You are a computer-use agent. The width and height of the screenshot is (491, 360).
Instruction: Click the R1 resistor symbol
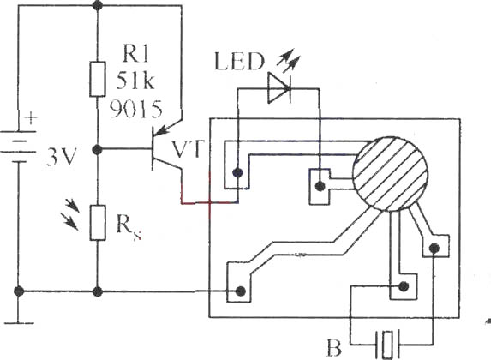(98, 79)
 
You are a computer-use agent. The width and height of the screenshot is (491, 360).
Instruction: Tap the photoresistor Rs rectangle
(98, 223)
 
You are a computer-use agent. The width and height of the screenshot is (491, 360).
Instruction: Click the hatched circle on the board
(390, 174)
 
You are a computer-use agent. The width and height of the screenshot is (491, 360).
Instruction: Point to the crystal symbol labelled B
(387, 344)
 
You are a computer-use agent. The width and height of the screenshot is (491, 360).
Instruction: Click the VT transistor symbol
(166, 148)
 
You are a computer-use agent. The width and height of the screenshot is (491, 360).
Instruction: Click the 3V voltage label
(62, 157)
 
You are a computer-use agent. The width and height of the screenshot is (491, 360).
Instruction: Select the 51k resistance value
(135, 81)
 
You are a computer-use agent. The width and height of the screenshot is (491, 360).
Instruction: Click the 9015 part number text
(136, 109)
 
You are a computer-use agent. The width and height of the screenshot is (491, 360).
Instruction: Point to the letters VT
(189, 149)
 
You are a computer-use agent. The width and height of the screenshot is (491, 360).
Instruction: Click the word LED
(240, 62)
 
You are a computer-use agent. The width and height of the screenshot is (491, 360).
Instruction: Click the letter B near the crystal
(334, 347)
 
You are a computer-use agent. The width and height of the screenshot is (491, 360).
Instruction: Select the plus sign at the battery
(31, 118)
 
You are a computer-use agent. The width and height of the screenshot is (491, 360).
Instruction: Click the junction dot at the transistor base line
(98, 150)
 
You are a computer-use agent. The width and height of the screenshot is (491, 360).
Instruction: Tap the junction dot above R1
(98, 5)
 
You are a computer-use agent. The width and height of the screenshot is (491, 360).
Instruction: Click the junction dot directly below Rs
(98, 291)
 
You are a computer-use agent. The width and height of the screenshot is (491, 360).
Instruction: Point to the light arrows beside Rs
(72, 215)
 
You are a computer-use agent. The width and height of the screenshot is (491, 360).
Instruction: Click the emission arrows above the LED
(289, 59)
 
